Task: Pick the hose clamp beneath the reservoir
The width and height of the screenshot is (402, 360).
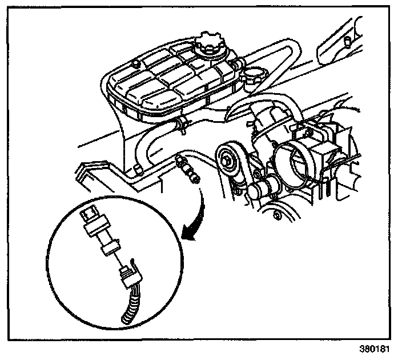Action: (x=182, y=122)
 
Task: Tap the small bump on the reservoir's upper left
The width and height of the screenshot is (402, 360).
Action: (x=136, y=62)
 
